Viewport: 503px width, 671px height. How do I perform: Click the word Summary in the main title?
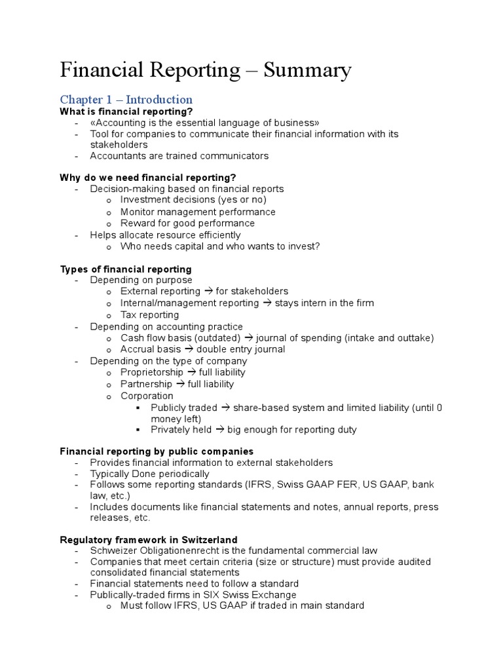[x=307, y=70]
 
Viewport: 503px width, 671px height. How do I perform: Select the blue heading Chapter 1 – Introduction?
[x=126, y=100]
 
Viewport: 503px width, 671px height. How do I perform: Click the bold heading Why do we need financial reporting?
[x=147, y=178]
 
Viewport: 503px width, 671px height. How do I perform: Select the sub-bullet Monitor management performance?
[x=198, y=212]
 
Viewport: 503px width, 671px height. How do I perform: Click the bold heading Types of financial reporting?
[x=126, y=269]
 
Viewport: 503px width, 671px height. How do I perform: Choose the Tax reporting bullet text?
[x=149, y=315]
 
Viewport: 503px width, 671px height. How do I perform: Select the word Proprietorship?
[x=152, y=372]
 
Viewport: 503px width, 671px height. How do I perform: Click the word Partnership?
[x=146, y=384]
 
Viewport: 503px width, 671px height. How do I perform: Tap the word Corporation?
[x=147, y=396]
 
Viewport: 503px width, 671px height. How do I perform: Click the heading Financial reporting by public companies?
[x=157, y=451]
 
